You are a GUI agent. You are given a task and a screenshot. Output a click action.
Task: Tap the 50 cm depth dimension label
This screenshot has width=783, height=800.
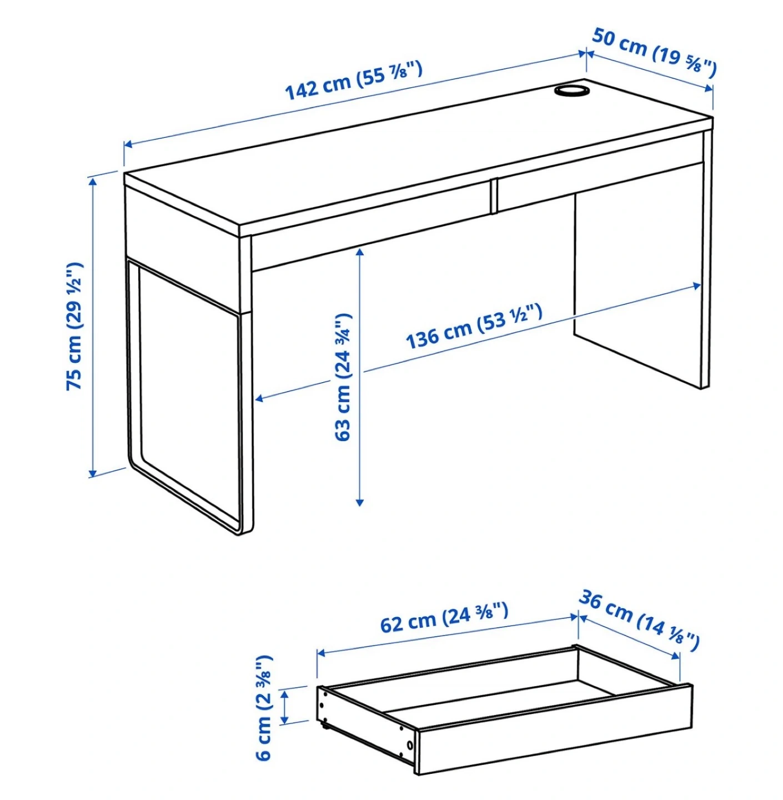pyautogui.click(x=654, y=52)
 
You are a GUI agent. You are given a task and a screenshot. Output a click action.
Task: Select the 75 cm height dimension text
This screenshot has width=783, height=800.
pyautogui.click(x=75, y=326)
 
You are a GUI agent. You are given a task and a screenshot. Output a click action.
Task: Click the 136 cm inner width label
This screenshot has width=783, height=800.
pyautogui.click(x=474, y=326)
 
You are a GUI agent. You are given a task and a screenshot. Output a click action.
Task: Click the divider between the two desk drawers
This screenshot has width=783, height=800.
pyautogui.click(x=493, y=196)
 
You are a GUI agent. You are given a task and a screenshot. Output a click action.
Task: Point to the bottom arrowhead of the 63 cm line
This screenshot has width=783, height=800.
pyautogui.click(x=359, y=502)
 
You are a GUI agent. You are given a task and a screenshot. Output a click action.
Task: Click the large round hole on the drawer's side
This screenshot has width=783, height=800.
pyautogui.click(x=410, y=744)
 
